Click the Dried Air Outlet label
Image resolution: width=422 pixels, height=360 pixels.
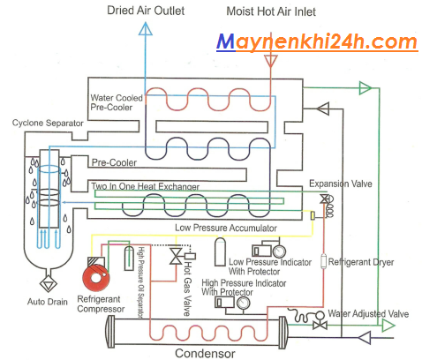(x=146, y=11)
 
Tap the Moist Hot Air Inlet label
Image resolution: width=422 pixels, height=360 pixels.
(x=271, y=11)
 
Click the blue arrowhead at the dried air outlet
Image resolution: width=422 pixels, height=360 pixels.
(x=146, y=28)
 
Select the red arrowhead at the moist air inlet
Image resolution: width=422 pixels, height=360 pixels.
(x=270, y=61)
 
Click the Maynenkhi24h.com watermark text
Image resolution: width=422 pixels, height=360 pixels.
(x=317, y=42)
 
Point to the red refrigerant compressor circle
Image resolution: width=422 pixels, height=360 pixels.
(x=96, y=277)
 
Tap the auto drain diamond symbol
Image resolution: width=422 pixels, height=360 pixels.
(x=49, y=283)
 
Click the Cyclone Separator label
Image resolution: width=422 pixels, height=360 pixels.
(x=48, y=123)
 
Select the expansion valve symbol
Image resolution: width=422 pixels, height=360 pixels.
(x=325, y=199)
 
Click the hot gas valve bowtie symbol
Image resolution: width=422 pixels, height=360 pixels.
(x=176, y=256)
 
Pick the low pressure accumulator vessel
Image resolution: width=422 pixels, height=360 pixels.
(x=220, y=251)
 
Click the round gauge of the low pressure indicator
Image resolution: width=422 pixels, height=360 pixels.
(x=279, y=251)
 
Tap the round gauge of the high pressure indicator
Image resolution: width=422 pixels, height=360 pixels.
(x=244, y=303)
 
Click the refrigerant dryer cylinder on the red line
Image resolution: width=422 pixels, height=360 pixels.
(x=324, y=261)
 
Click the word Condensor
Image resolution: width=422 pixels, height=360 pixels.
(x=205, y=353)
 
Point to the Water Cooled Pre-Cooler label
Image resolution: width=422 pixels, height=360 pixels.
(x=117, y=102)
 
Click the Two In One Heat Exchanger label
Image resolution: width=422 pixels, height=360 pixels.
(x=145, y=186)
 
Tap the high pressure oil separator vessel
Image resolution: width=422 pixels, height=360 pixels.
(x=129, y=259)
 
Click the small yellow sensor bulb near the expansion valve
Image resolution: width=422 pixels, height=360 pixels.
(x=313, y=215)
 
